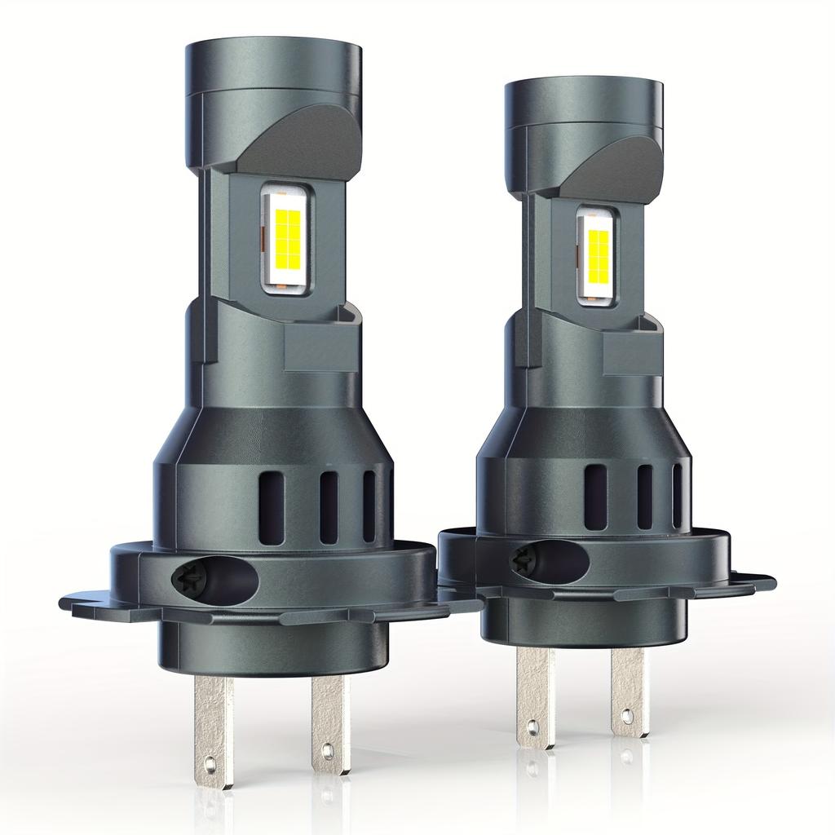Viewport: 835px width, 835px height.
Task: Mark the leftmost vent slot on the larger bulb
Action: coord(271,506)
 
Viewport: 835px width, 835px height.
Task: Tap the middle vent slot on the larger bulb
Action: coord(329,506)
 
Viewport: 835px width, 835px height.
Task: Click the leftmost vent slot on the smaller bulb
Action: coord(595,497)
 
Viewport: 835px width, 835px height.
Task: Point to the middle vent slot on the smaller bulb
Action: coord(644,497)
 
